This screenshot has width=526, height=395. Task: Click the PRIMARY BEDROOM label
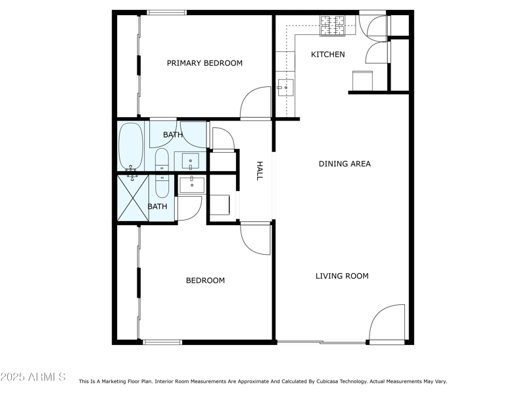point(204,63)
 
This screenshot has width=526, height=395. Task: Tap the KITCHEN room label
point(327,54)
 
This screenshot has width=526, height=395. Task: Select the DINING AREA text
point(345,163)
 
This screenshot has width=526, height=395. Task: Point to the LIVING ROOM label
point(342,276)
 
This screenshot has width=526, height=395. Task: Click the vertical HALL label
point(259,171)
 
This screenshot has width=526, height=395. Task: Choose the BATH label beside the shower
point(157,206)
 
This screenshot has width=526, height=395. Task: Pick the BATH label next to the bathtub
point(173,135)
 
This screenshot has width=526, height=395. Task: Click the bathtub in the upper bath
point(130,146)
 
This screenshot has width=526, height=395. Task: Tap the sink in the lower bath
point(192,183)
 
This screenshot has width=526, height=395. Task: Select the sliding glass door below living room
point(322,342)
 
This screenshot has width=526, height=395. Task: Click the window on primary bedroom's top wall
point(166,12)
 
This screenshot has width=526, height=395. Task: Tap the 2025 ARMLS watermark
point(33,377)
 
